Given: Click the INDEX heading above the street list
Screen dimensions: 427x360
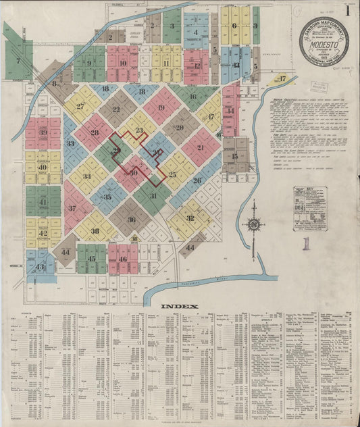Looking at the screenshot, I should pyautogui.click(x=180, y=306).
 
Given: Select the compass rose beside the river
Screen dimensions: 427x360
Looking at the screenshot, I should pyautogui.click(x=254, y=223).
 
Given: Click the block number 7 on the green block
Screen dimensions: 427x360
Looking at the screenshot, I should pyautogui.click(x=18, y=60).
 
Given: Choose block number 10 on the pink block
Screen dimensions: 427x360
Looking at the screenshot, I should pyautogui.click(x=122, y=64).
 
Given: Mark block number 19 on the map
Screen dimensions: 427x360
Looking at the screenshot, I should pyautogui.click(x=161, y=107).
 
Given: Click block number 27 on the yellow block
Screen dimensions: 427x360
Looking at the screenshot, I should pyautogui.click(x=80, y=106).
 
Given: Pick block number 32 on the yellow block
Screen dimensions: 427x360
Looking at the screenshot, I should pyautogui.click(x=190, y=218).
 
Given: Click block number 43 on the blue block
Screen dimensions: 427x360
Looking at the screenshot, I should pyautogui.click(x=39, y=266).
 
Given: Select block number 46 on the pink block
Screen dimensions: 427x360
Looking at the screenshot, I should pyautogui.click(x=122, y=258).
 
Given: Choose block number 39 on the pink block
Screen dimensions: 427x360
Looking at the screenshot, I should pyautogui.click(x=43, y=132).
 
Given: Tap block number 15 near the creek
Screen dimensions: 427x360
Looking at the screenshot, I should pyautogui.click(x=234, y=156).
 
